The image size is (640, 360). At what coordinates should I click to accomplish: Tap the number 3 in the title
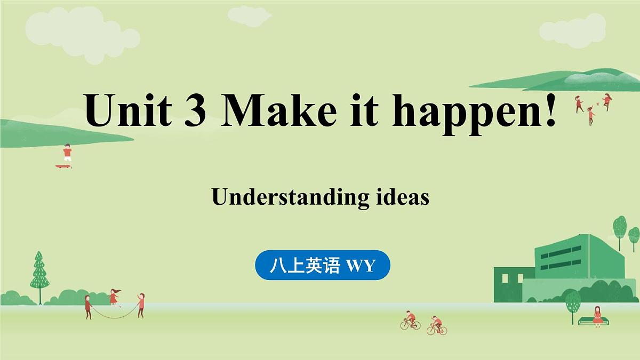(196, 110)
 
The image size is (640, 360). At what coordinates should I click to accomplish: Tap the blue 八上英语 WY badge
(323, 265)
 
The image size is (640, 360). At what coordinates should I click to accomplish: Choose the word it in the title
(368, 110)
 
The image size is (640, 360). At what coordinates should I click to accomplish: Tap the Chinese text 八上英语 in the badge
(305, 265)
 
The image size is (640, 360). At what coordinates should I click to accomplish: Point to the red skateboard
(63, 166)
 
